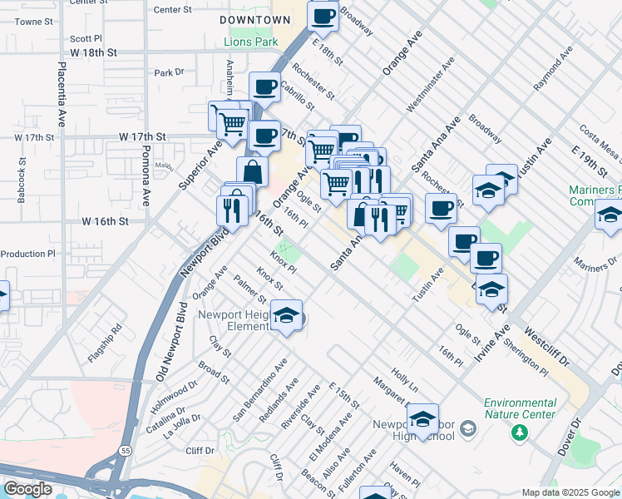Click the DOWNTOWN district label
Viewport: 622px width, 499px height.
[x=256, y=19]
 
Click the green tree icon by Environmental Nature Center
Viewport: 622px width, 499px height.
[x=521, y=432]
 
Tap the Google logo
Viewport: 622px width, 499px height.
[x=27, y=489]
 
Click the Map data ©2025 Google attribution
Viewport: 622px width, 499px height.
[x=570, y=492]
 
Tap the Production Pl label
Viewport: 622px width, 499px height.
[x=27, y=254]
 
